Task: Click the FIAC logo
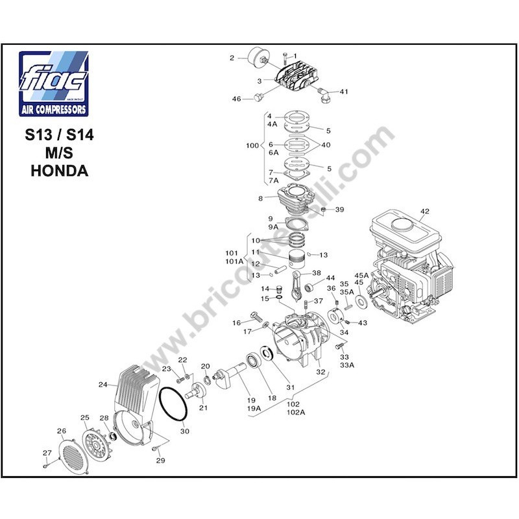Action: [x=53, y=83]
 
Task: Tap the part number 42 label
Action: [x=425, y=211]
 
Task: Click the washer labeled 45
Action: [x=359, y=301]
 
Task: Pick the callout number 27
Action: [x=46, y=453]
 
